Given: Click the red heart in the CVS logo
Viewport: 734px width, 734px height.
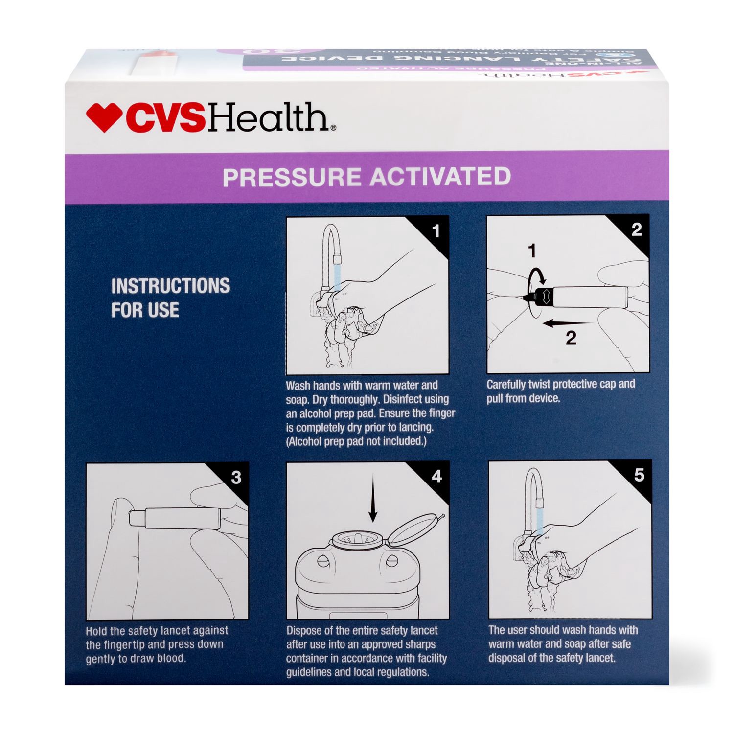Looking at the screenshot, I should tap(104, 117).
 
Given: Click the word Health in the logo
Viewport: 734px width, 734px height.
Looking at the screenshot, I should tap(269, 118).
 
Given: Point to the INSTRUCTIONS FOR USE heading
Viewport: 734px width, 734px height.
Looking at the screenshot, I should tap(170, 298).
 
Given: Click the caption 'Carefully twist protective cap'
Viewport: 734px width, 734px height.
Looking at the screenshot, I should tap(560, 385).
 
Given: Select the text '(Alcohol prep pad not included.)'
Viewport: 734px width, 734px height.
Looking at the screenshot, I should tap(356, 441).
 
